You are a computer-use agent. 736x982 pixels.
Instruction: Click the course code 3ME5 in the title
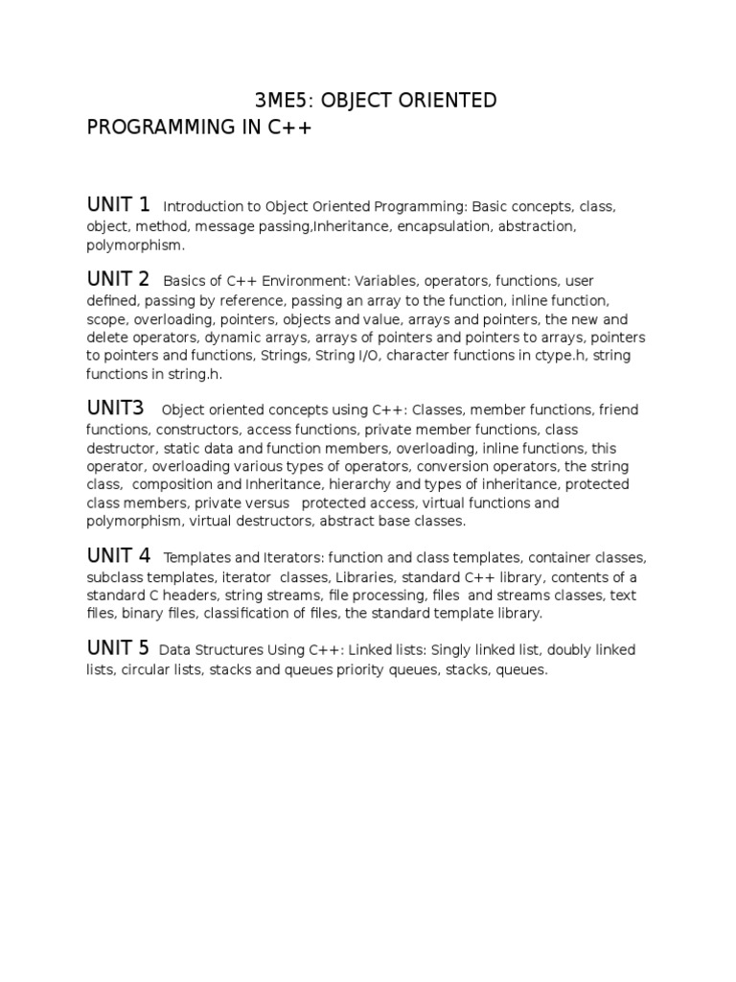tap(276, 101)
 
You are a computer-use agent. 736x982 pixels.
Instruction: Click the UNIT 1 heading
tap(119, 204)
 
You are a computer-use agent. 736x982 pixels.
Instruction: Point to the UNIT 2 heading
tap(119, 279)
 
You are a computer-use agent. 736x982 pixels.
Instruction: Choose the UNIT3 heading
tap(116, 408)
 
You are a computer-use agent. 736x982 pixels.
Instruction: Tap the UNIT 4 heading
tap(119, 555)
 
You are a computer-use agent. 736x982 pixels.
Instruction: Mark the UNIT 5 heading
tap(119, 648)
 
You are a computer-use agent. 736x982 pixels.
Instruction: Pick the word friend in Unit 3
tap(618, 410)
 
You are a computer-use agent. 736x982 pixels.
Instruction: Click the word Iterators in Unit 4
tap(292, 558)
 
